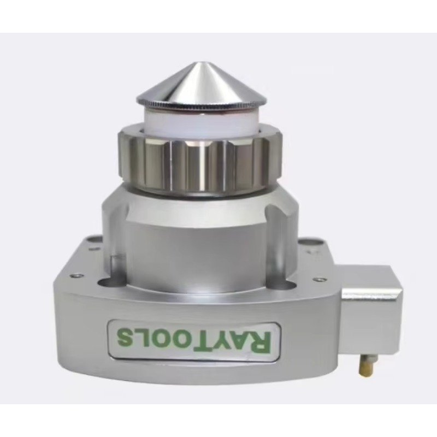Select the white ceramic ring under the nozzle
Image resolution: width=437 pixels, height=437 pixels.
pos(201,122)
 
